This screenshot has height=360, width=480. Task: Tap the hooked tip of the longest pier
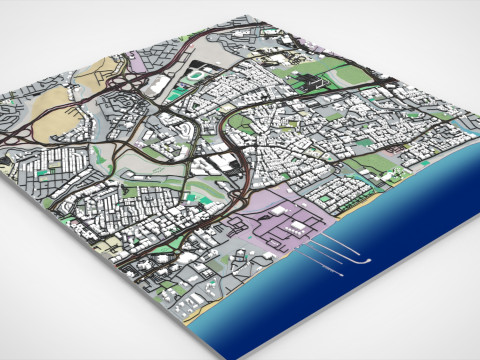pos(368,261)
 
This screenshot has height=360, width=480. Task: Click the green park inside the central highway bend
pos(240,125)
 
